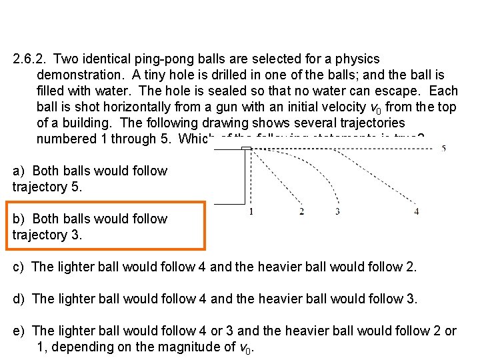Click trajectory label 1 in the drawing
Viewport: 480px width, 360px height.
coord(251,212)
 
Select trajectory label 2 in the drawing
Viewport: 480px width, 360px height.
coord(302,212)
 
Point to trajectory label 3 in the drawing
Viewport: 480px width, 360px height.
coord(338,212)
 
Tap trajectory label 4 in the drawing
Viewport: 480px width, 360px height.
coord(417,212)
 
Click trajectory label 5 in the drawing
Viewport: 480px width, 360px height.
coord(443,149)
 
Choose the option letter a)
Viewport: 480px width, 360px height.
coord(19,171)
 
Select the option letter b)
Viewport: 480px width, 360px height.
coord(19,219)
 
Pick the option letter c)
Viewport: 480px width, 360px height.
coord(19,267)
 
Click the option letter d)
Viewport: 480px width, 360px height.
coord(19,299)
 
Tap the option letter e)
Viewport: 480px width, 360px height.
coord(19,331)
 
